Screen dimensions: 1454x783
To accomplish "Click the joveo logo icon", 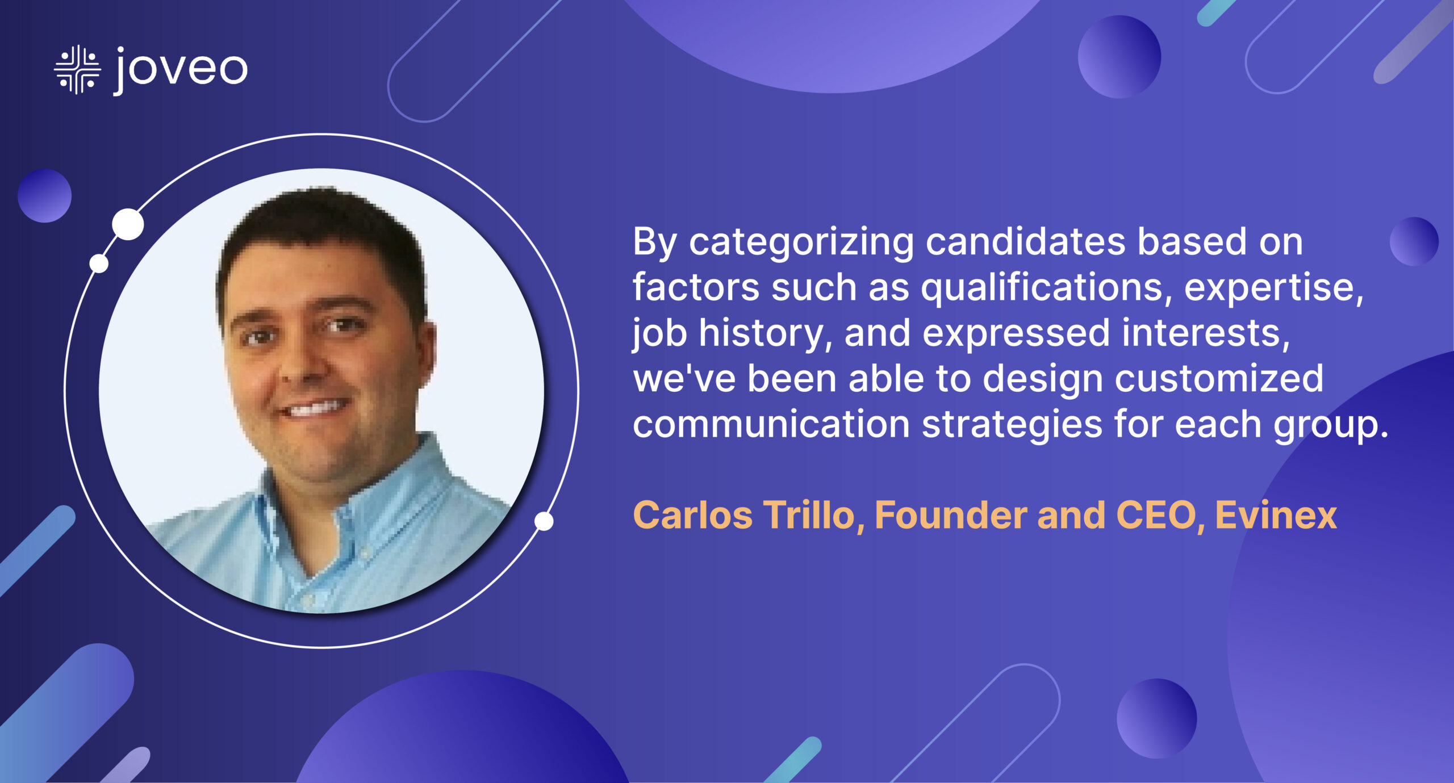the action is click(77, 70).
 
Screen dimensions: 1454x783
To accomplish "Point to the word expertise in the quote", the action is click(1273, 288).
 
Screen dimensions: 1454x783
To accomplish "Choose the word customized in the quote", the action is click(1219, 379).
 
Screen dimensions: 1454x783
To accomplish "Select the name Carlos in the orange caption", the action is click(693, 516).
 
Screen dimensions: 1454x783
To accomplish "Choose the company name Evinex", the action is click(1276, 516).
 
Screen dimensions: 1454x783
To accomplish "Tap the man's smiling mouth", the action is click(316, 408).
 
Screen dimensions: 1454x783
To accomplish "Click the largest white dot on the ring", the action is click(128, 224).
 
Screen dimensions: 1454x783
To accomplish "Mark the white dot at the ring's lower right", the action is click(544, 521).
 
